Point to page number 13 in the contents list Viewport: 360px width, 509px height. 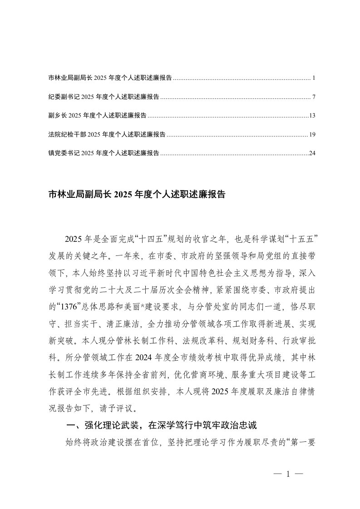312,116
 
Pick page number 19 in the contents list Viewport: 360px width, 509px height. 312,134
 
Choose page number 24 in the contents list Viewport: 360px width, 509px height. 312,153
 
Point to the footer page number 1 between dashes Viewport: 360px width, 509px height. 288,475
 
